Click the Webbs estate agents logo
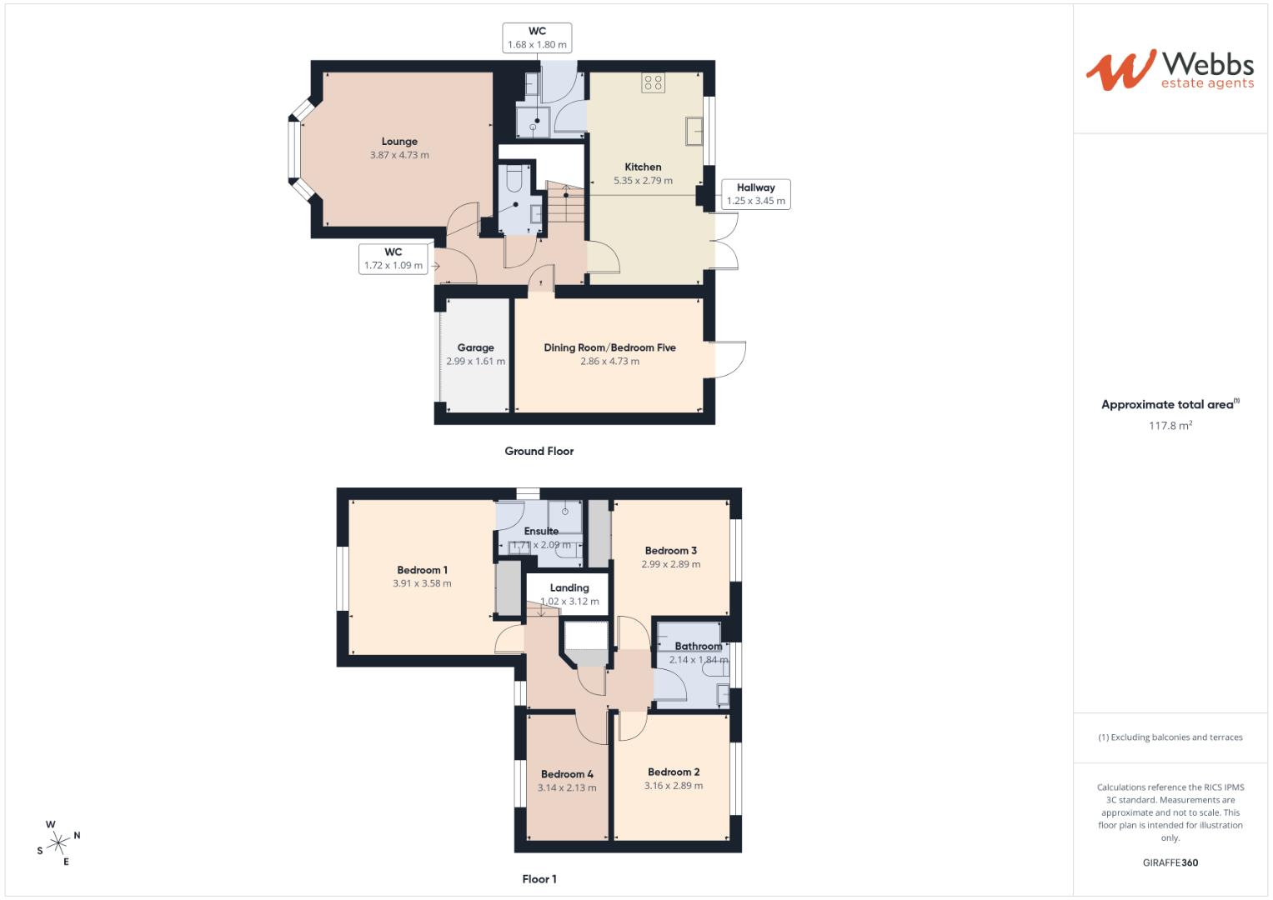1169,70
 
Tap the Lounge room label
399,142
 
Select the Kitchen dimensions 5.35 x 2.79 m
643,181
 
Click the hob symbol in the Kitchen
653,82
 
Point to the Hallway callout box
755,194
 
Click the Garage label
475,348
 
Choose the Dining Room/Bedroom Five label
609,347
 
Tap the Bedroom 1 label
422,570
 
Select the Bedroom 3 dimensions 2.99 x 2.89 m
670,564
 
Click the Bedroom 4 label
567,774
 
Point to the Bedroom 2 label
673,772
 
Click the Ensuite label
541,531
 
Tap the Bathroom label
698,646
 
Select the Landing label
569,587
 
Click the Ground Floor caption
539,451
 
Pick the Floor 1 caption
539,878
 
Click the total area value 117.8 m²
1170,426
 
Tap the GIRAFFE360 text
1170,862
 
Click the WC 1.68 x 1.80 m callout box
537,38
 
